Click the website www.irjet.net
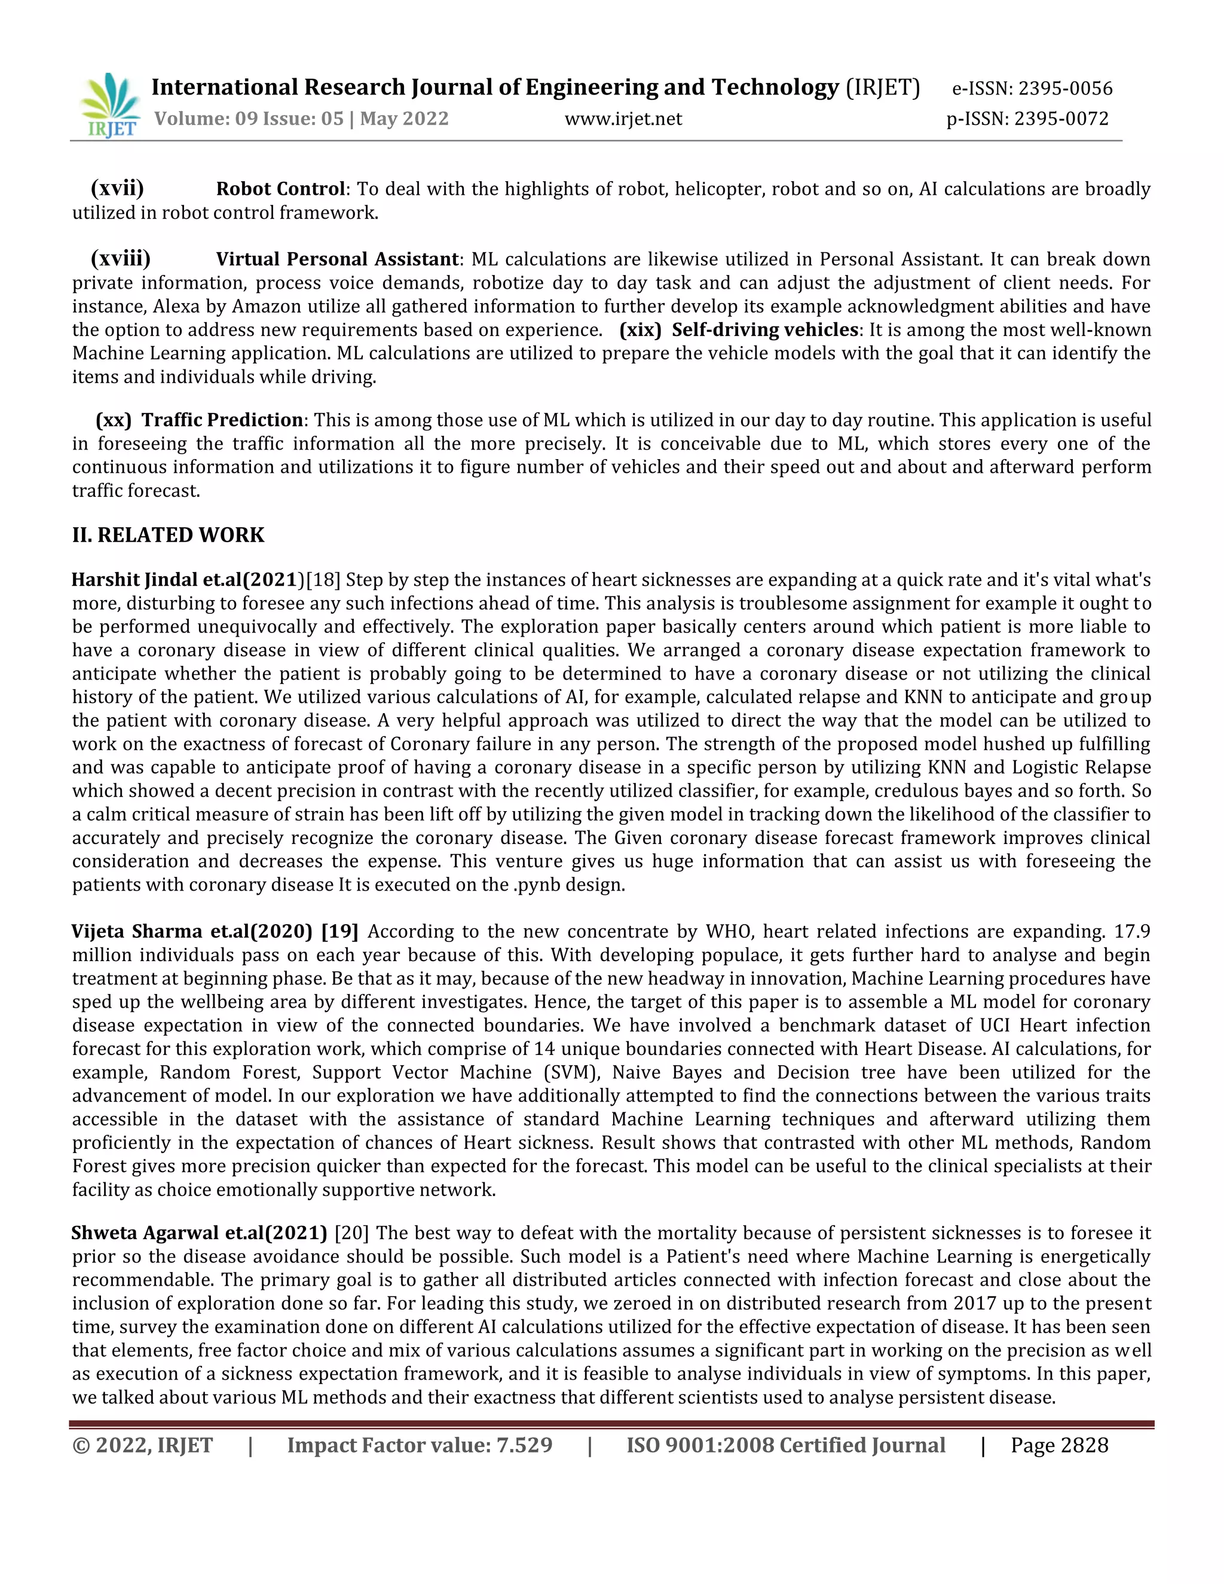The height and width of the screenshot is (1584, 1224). (623, 119)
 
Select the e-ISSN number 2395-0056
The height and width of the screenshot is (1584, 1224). (1065, 88)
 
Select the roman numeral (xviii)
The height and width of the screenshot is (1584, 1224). (120, 259)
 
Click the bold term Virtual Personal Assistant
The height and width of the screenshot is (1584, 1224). (336, 259)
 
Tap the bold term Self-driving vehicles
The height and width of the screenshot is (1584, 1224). (764, 330)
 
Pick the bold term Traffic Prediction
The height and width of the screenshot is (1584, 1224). (222, 421)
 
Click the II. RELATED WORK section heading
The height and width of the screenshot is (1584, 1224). (168, 535)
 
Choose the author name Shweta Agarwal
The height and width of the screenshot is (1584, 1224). (146, 1233)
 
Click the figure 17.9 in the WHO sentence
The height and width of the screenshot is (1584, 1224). (1133, 931)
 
